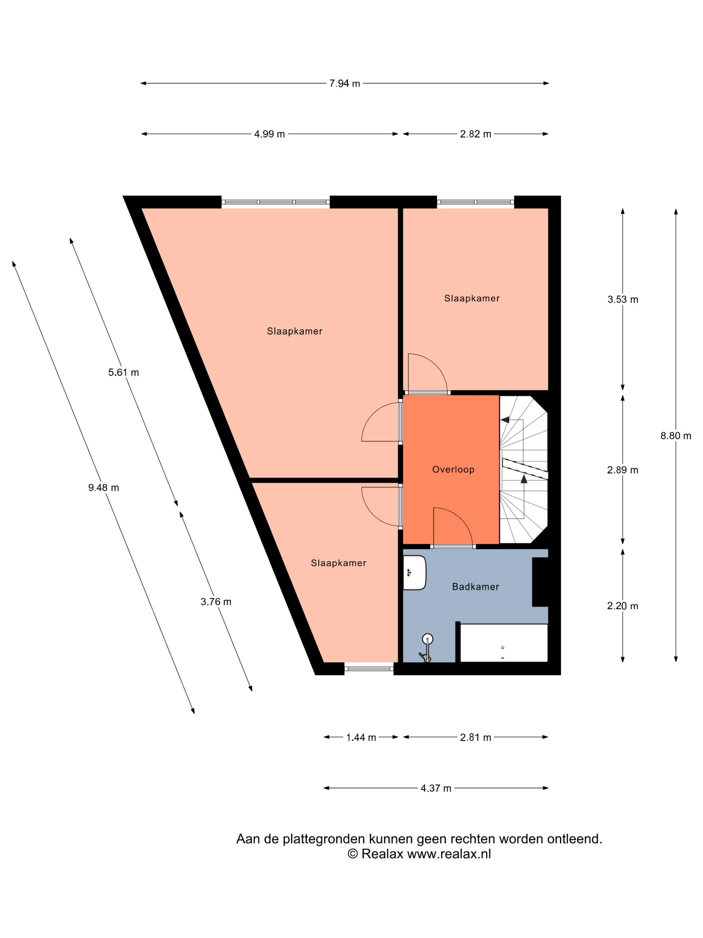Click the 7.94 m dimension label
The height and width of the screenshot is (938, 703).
pos(344,83)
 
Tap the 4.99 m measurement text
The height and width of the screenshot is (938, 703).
pos(269,134)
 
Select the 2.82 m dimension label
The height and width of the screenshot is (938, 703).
pos(475,134)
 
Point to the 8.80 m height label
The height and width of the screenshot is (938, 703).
pos(676,435)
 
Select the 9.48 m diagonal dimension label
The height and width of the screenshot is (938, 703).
pos(104,488)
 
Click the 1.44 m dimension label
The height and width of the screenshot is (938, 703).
pos(361,737)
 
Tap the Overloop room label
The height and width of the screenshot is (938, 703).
pos(453,469)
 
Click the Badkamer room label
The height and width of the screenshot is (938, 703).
pos(475,587)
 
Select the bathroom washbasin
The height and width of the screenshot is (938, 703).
pos(414,573)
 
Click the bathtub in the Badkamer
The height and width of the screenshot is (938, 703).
pos(504,643)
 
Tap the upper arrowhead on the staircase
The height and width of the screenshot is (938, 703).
pos(505,420)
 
